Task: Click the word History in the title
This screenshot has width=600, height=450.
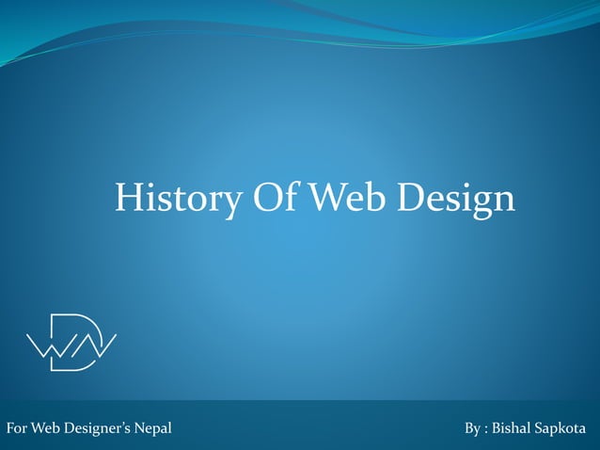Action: tap(169, 198)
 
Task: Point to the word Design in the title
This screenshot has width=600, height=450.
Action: tap(455, 200)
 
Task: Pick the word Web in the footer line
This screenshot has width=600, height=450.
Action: tap(45, 429)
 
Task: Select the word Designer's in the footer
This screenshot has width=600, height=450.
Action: tap(98, 429)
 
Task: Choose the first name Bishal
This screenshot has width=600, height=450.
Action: tap(513, 429)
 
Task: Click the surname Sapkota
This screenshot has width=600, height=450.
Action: tap(561, 429)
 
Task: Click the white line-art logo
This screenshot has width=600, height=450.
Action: tap(71, 342)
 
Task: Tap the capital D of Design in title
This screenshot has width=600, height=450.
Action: tap(412, 198)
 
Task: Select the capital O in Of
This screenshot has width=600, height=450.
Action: tap(261, 198)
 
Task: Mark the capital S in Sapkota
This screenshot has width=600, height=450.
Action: tap(539, 429)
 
